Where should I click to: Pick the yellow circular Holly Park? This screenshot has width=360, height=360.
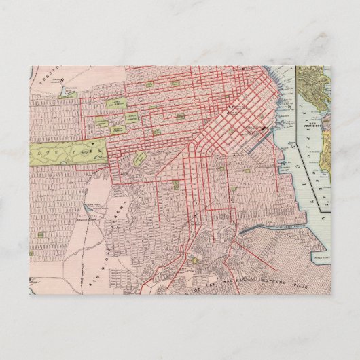pyautogui.click(x=194, y=259)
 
